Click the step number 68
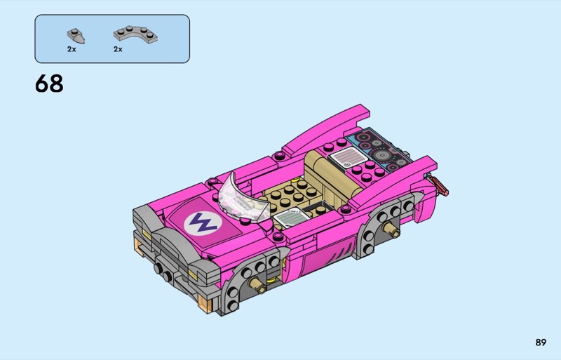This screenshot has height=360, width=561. tap(49, 84)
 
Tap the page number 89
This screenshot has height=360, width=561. tap(541, 342)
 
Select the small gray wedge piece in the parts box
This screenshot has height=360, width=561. tap(76, 36)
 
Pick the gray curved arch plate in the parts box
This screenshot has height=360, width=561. tap(135, 34)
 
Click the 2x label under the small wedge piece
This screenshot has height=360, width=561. tap(72, 49)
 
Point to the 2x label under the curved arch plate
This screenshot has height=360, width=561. tap(118, 49)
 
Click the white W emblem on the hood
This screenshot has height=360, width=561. tap(203, 222)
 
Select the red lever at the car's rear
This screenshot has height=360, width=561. tap(440, 185)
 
